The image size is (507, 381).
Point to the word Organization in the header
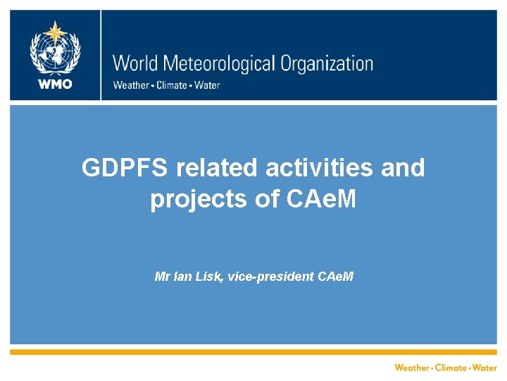327,64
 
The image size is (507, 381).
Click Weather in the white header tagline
131,85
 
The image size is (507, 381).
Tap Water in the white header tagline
206,85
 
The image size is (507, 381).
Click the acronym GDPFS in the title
125,169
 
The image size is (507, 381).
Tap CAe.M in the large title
321,200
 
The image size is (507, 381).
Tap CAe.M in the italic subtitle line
336,276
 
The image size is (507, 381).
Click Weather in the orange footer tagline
412,368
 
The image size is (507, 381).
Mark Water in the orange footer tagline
484,368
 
